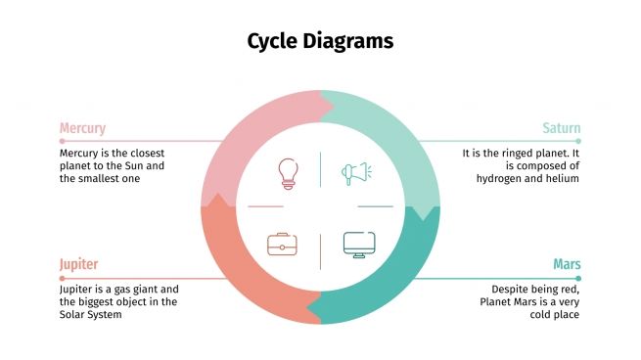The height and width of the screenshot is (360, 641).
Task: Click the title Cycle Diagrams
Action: (320, 41)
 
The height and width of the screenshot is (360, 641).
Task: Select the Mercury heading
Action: (82, 128)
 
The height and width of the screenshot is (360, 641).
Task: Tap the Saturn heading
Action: (561, 128)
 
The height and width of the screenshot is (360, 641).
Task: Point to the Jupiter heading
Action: (78, 264)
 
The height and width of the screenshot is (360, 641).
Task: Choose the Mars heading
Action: (567, 264)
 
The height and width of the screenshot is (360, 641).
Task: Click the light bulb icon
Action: (287, 173)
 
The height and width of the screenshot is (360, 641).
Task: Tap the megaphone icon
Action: (355, 174)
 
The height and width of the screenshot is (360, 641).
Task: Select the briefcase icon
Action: (283, 244)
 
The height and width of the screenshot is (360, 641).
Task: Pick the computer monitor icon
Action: (357, 244)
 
